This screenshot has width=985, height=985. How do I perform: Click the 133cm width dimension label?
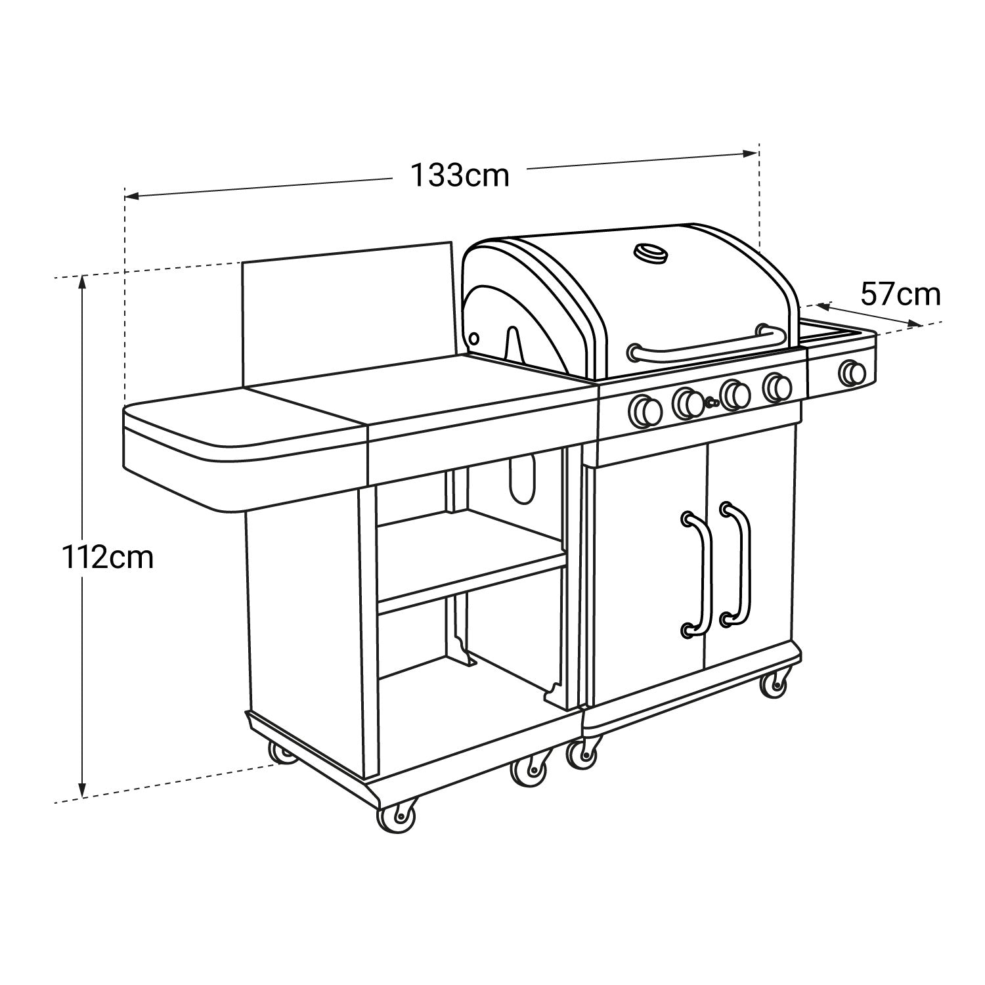tap(460, 175)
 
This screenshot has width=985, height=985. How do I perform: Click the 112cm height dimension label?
tap(108, 558)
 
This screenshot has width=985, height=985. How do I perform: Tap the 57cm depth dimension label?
tap(900, 295)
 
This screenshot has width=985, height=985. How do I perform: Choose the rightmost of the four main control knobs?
tap(777, 387)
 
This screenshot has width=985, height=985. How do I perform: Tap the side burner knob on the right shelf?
tap(853, 373)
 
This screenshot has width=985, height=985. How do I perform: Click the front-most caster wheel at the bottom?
tap(397, 818)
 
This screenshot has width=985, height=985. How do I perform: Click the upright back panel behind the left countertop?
tap(347, 315)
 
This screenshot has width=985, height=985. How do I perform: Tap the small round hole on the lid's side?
tap(473, 338)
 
